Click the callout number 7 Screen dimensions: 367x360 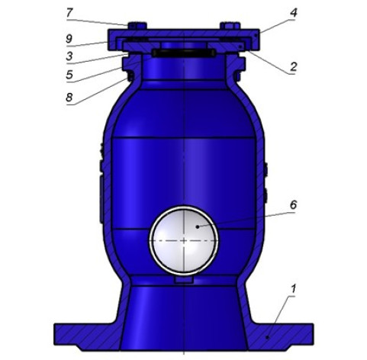pyautogui.click(x=69, y=13)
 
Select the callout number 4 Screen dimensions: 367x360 pyautogui.click(x=294, y=12)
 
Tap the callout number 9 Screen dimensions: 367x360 pyautogui.click(x=69, y=39)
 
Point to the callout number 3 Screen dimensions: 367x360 pyautogui.click(x=69, y=56)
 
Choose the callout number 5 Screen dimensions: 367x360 pyautogui.click(x=69, y=75)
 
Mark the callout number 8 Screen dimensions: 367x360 pyautogui.click(x=69, y=97)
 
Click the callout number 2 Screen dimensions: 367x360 pyautogui.click(x=294, y=66)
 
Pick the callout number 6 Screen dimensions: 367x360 pyautogui.click(x=294, y=204)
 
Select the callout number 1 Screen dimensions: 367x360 pyautogui.click(x=293, y=288)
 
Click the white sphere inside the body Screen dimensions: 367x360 pyautogui.click(x=184, y=240)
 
